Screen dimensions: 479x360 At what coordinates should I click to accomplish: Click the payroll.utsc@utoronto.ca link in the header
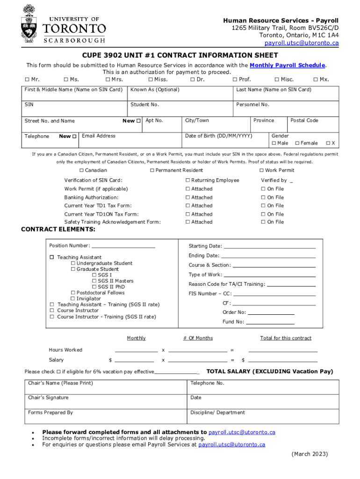point(302,43)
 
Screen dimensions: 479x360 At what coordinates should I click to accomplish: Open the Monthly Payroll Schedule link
point(287,65)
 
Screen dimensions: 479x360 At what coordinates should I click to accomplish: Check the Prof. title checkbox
point(235,80)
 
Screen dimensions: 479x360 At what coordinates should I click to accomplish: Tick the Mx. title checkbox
point(316,80)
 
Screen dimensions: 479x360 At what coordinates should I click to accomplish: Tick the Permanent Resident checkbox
point(152,170)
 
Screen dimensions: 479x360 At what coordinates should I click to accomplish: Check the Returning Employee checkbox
point(187,181)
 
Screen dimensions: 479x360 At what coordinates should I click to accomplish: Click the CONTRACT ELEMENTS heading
point(58,229)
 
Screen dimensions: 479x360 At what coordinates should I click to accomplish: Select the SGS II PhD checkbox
point(94,287)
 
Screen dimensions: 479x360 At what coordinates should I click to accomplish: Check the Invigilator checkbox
point(73,299)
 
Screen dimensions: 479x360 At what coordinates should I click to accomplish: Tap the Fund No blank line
point(270,322)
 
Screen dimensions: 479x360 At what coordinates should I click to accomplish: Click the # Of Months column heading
point(198,338)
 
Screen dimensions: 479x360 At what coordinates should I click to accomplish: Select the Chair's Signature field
point(105,400)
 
